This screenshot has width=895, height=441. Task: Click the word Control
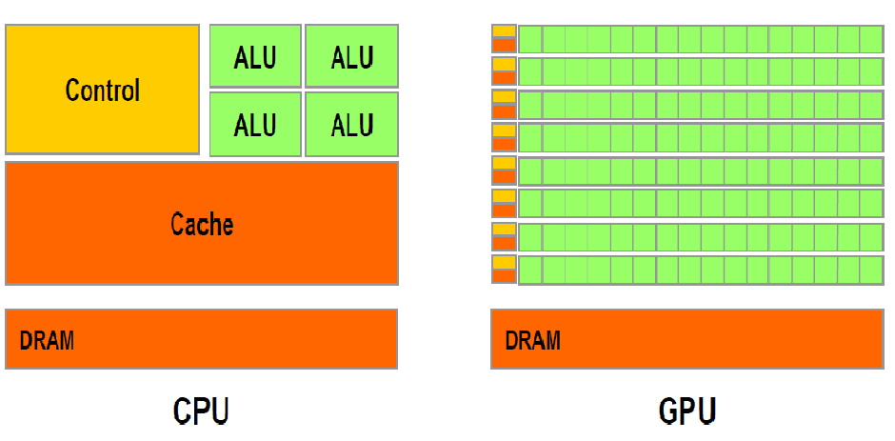(103, 90)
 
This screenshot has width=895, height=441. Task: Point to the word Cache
(202, 224)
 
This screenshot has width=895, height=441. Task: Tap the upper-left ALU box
(254, 57)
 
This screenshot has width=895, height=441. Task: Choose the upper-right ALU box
(351, 57)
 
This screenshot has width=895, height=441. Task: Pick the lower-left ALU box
(254, 124)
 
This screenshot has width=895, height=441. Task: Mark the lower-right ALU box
(351, 124)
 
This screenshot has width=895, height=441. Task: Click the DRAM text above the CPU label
(48, 339)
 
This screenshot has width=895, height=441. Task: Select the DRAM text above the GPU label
(533, 339)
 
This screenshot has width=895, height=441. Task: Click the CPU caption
(201, 411)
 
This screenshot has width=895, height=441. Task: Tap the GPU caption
(686, 411)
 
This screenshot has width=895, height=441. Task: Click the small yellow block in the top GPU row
(504, 31)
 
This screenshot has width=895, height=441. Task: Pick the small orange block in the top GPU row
(504, 44)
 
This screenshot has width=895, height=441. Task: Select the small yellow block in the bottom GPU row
(504, 262)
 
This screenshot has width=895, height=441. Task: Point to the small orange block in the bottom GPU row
(504, 275)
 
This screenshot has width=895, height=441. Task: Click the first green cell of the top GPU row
(530, 39)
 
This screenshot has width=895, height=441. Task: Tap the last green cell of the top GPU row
(872, 39)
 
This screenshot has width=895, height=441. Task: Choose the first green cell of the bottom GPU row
(530, 270)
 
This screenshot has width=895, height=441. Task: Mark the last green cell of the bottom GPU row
(872, 270)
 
